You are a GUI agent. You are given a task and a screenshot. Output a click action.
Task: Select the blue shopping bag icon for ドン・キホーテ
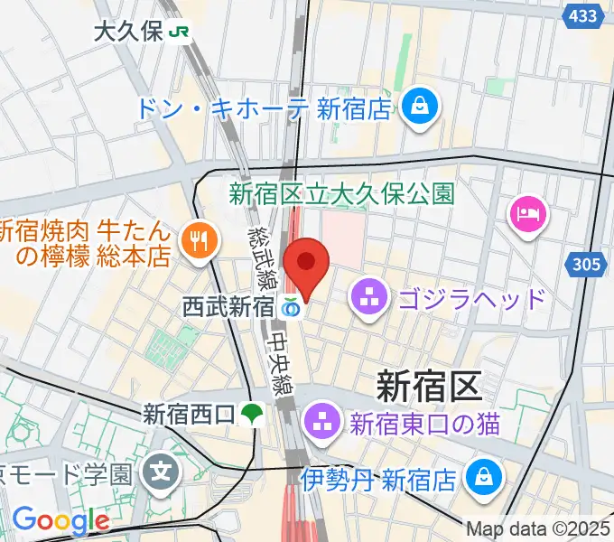[x=421, y=105]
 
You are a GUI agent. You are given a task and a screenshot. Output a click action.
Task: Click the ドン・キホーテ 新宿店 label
[x=264, y=109]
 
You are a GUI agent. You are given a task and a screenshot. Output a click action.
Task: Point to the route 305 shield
[x=588, y=265]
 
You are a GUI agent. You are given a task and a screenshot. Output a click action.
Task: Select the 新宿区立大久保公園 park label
[x=340, y=192]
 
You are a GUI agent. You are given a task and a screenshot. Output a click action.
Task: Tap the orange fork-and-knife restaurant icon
[x=196, y=239]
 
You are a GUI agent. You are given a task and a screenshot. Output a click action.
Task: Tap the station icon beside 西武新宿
[x=290, y=307]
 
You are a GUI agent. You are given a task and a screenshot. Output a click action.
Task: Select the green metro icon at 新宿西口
[x=251, y=415]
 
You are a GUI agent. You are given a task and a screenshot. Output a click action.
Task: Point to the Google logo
[x=60, y=519]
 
